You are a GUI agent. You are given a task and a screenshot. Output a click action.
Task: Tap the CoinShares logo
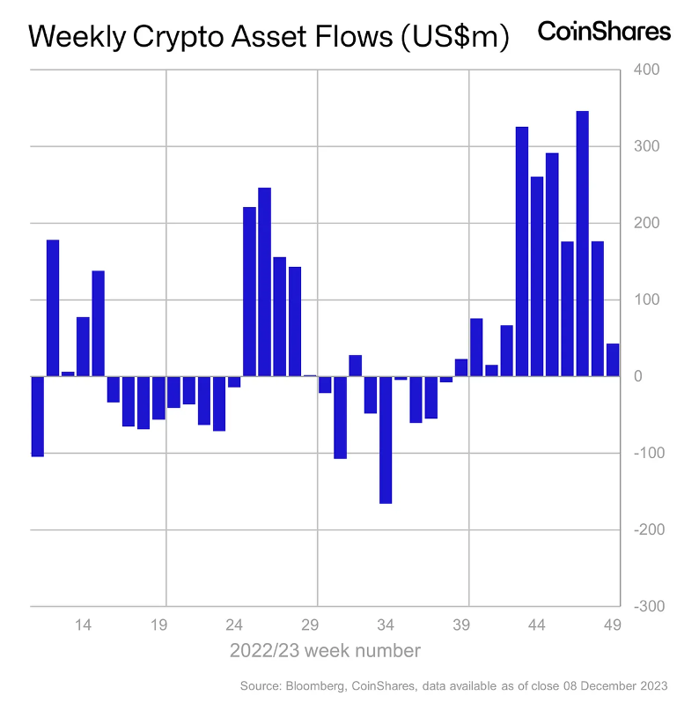[x=604, y=32]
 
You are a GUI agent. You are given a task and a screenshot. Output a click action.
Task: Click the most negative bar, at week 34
[x=386, y=440]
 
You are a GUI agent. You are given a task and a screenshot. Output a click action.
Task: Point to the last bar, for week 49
[x=613, y=359]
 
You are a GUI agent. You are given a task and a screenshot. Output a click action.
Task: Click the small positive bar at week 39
[x=461, y=367]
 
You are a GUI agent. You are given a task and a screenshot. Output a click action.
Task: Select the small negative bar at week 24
[x=234, y=381]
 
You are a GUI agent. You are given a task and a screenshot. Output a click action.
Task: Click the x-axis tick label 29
[x=310, y=625]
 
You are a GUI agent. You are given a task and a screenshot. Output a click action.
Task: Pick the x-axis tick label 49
[x=613, y=625]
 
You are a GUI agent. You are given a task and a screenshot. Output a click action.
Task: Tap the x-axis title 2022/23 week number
[x=325, y=651]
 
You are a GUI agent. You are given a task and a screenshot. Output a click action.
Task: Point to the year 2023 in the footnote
[x=653, y=685]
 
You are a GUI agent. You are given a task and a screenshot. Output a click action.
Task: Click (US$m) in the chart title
[x=453, y=37]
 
